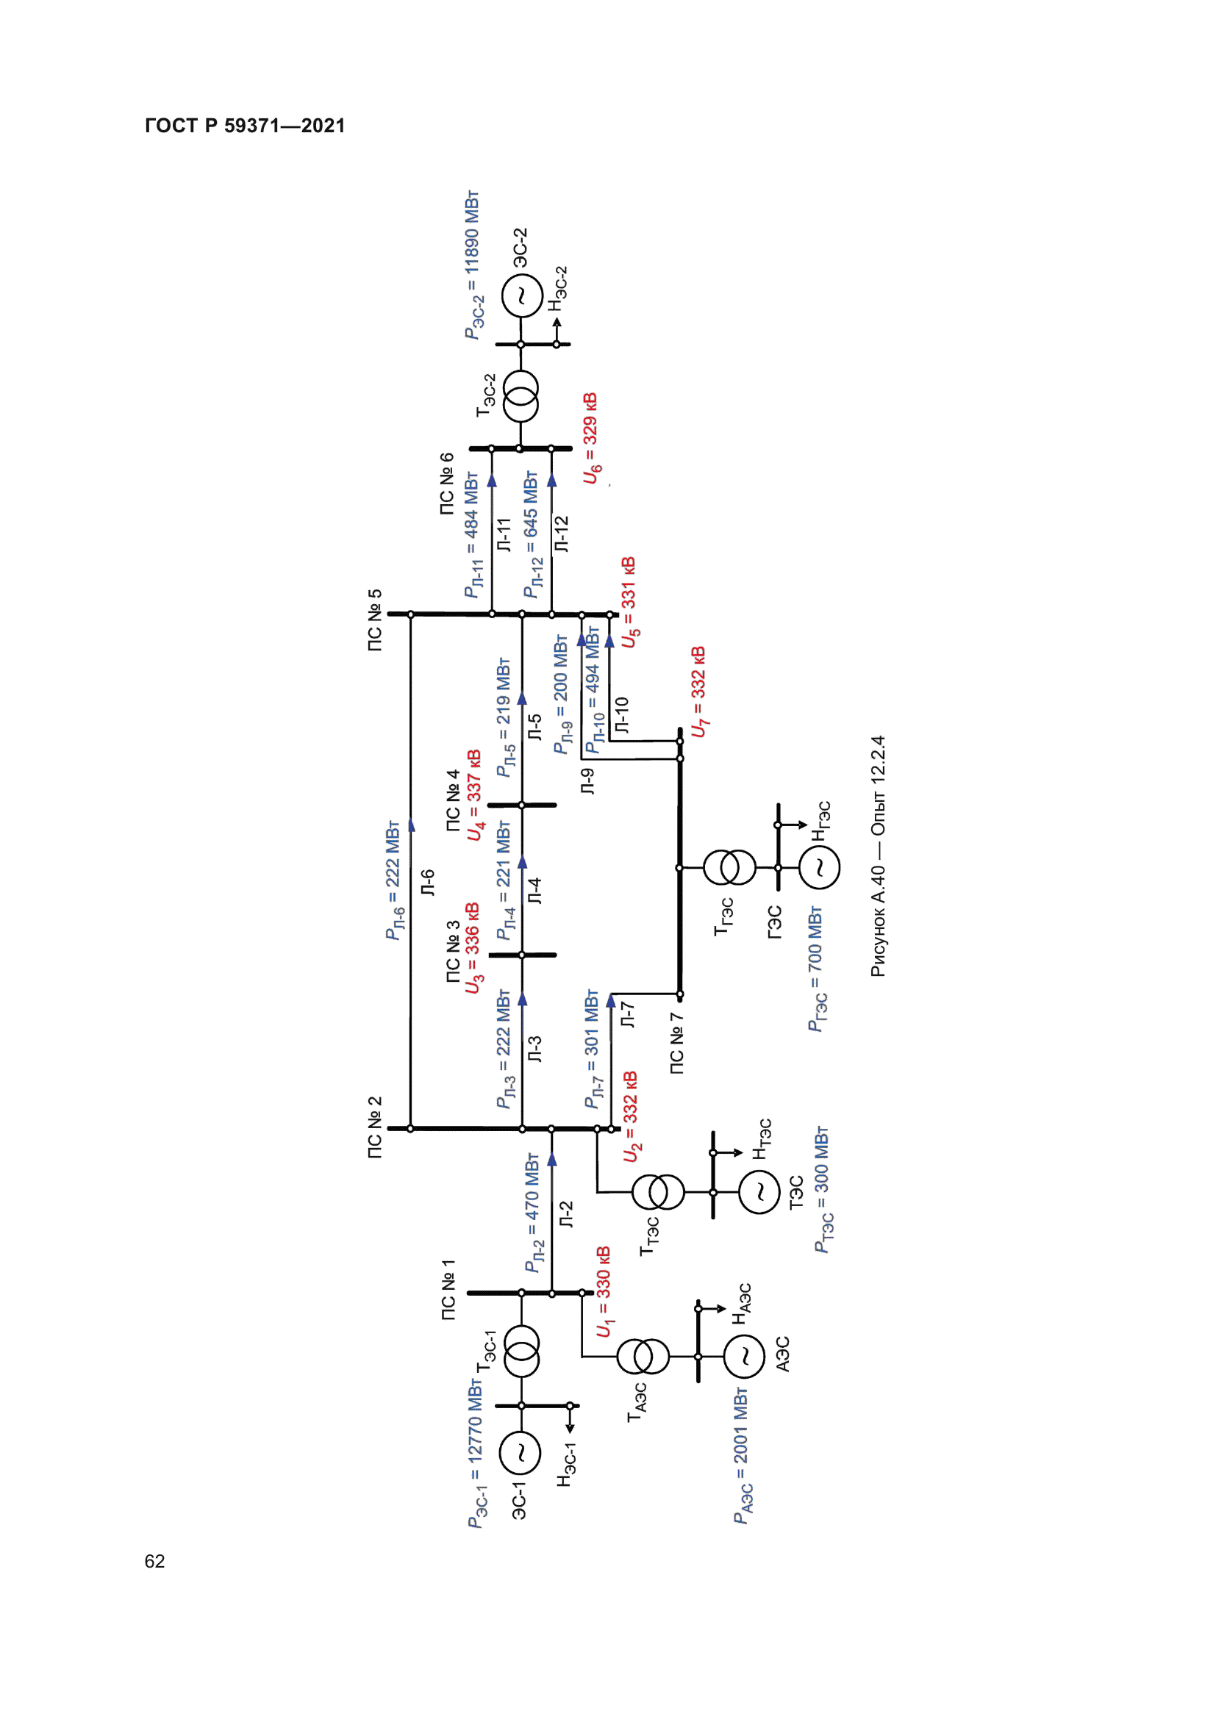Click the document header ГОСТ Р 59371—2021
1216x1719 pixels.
click(245, 126)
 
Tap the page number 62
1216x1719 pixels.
click(154, 1561)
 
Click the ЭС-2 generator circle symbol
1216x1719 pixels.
click(521, 296)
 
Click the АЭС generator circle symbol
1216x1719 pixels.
click(744, 1356)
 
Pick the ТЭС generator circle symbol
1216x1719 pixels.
click(759, 1192)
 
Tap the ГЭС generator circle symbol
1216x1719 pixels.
click(819, 868)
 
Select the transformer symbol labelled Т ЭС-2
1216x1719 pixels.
click(521, 397)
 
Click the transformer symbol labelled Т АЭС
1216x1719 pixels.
click(643, 1356)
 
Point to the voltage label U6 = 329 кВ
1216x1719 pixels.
click(591, 438)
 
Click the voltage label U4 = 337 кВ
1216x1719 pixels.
click(474, 795)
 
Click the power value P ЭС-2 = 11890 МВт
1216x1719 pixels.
click(473, 265)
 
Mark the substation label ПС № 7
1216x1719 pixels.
click(676, 1044)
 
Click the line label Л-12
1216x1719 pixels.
click(562, 534)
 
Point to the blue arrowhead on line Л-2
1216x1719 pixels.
click(552, 1160)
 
